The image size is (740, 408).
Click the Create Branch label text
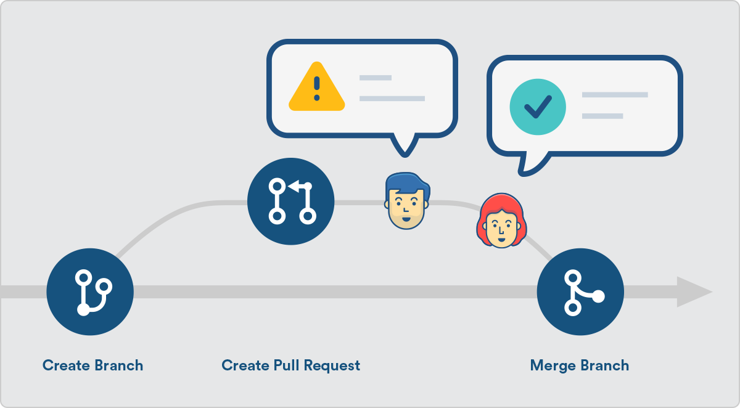click(92, 365)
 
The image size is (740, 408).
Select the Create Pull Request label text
click(290, 365)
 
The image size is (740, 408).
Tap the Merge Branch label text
click(579, 365)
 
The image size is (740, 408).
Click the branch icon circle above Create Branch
click(90, 292)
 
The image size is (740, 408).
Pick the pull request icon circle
click(290, 201)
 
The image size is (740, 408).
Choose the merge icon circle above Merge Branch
click(580, 292)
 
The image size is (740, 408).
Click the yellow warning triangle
click(316, 88)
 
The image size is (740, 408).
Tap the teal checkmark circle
click(537, 107)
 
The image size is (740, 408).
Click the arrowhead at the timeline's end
click(693, 292)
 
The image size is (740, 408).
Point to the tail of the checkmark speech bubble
click(530, 164)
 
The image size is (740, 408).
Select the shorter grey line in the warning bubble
click(376, 78)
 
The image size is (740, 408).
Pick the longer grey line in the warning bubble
click(392, 99)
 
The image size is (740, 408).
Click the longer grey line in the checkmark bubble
click(615, 95)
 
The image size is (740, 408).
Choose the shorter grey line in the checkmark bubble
click(602, 116)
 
